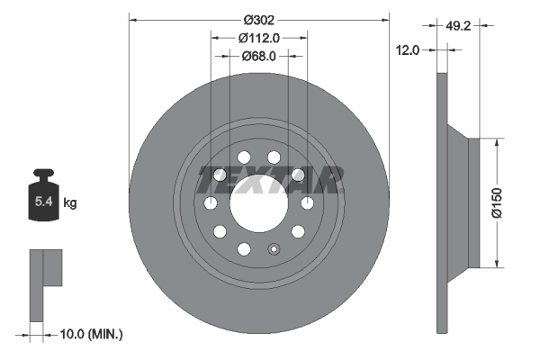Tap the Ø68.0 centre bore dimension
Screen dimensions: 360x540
(258, 56)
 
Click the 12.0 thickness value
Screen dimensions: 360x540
(409, 50)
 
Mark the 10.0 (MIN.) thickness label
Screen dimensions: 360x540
(89, 334)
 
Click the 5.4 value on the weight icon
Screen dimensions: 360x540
(43, 203)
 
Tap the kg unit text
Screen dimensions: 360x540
(70, 204)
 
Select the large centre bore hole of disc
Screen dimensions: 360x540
(258, 201)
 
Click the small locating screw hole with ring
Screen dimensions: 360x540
(276, 251)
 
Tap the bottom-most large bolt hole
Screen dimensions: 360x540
(243, 249)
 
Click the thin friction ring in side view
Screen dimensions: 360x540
(441, 202)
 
